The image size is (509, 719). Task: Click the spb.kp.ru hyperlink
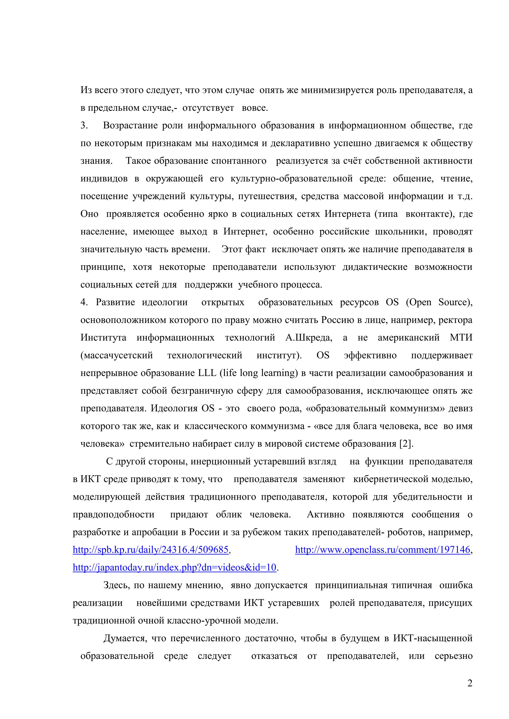pos(150,550)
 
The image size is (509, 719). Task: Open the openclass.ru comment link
pos(383,550)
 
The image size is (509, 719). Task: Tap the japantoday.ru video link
pos(174,567)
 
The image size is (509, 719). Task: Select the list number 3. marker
pos(84,125)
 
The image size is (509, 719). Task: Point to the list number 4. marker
pos(84,302)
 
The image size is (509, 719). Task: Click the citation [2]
pos(406,444)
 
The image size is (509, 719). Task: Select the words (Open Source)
pos(439,302)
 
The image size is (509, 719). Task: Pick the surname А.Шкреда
pos(308,338)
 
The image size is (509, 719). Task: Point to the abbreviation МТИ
pos(461,338)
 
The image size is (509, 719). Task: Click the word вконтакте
pos(428,214)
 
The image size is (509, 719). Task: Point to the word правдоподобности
pos(114,514)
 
